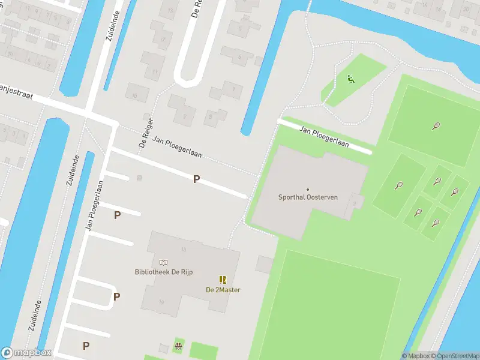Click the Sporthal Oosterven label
click(308, 197)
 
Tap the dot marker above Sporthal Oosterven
click(308, 190)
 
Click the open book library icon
click(163, 262)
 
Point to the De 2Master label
click(223, 290)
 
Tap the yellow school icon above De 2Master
click(223, 280)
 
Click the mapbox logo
click(26, 353)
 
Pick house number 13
click(170, 10)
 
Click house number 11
click(155, 72)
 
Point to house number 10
click(136, 96)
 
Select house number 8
click(210, 117)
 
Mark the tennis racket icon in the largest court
click(436, 126)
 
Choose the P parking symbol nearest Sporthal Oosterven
click(196, 179)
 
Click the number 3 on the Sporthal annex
click(355, 203)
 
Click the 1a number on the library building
click(184, 249)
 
